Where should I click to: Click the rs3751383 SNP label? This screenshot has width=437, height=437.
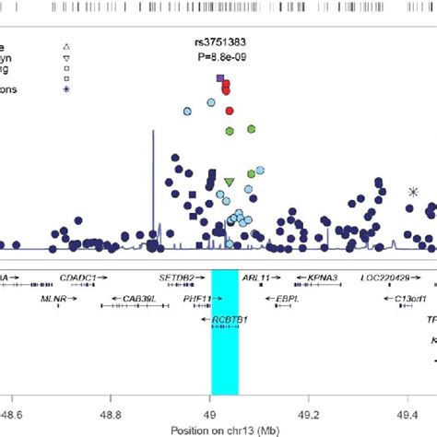click(x=220, y=41)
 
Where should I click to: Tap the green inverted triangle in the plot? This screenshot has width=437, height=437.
click(x=230, y=182)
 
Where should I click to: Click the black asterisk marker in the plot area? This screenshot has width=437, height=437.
click(x=413, y=192)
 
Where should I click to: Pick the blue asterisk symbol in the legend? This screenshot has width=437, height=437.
click(x=66, y=89)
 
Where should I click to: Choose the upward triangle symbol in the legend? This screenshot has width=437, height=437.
click(x=66, y=45)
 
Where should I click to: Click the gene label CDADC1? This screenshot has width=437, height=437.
click(x=80, y=277)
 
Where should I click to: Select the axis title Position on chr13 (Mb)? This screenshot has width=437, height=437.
click(x=225, y=430)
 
